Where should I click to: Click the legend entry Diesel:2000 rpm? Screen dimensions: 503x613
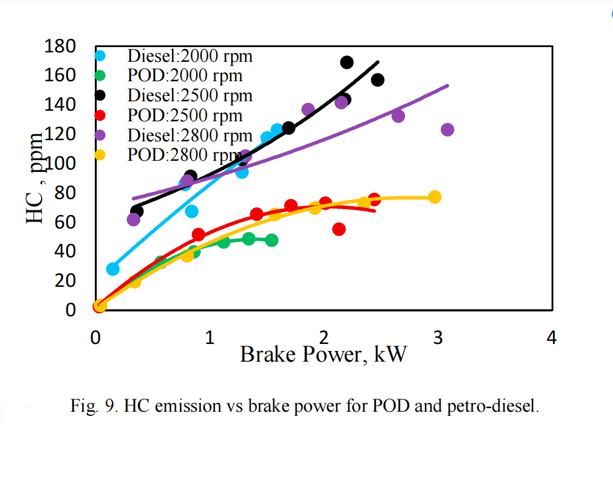[x=190, y=56]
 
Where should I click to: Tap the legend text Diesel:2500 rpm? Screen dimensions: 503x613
[x=190, y=95]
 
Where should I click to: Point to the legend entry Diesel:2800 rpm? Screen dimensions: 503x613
[x=190, y=135]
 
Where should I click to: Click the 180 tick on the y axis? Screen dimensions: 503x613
[x=61, y=47]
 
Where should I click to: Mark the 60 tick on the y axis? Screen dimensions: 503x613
[x=66, y=222]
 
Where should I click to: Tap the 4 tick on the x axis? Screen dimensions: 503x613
[x=551, y=337]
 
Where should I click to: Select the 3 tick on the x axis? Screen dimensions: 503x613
[x=438, y=337]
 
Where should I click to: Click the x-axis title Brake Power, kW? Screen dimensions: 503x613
[x=323, y=355]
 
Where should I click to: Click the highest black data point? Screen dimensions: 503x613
[x=347, y=62]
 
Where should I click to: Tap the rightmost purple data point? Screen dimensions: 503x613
[x=448, y=130]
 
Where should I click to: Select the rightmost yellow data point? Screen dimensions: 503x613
[x=435, y=197]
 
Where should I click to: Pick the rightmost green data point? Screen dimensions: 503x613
[x=271, y=240]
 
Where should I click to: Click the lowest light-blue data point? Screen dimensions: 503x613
[x=112, y=269]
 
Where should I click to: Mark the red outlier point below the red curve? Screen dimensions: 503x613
[x=339, y=229]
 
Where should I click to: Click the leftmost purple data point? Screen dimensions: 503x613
[x=134, y=220]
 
